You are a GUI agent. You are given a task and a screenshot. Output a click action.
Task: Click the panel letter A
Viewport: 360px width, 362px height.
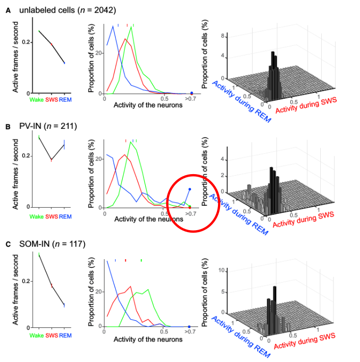(x=7, y=9)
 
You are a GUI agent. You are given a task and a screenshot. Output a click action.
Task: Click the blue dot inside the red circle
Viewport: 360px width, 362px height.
(x=189, y=189)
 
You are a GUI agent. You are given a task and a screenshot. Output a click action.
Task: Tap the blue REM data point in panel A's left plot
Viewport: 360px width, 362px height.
(x=64, y=63)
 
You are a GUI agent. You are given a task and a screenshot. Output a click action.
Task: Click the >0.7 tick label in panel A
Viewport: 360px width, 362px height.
(x=190, y=100)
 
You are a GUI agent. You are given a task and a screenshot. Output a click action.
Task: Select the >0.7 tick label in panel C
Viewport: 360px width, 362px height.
(x=190, y=332)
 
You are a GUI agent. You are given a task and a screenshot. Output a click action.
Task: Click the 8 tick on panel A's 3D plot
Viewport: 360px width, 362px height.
(x=223, y=36)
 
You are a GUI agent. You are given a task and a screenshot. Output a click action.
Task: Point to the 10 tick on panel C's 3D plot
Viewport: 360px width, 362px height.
(x=221, y=269)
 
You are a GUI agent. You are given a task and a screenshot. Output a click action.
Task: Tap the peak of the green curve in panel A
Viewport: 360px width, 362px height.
(x=131, y=27)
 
